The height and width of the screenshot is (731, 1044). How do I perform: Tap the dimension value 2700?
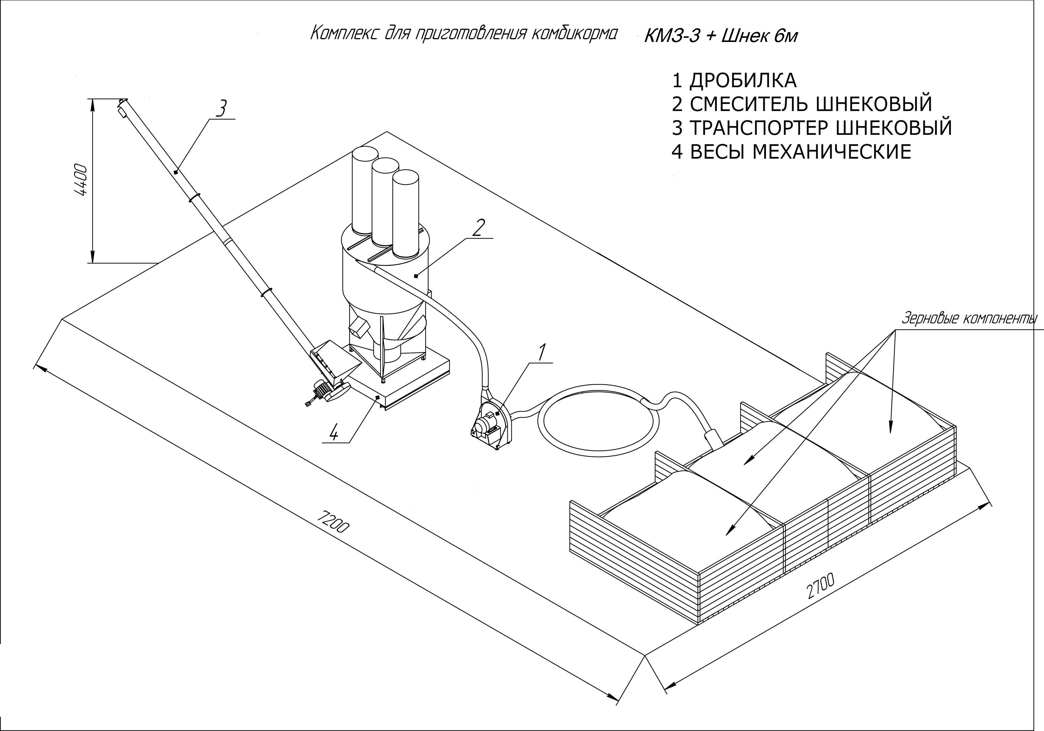point(821,587)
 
